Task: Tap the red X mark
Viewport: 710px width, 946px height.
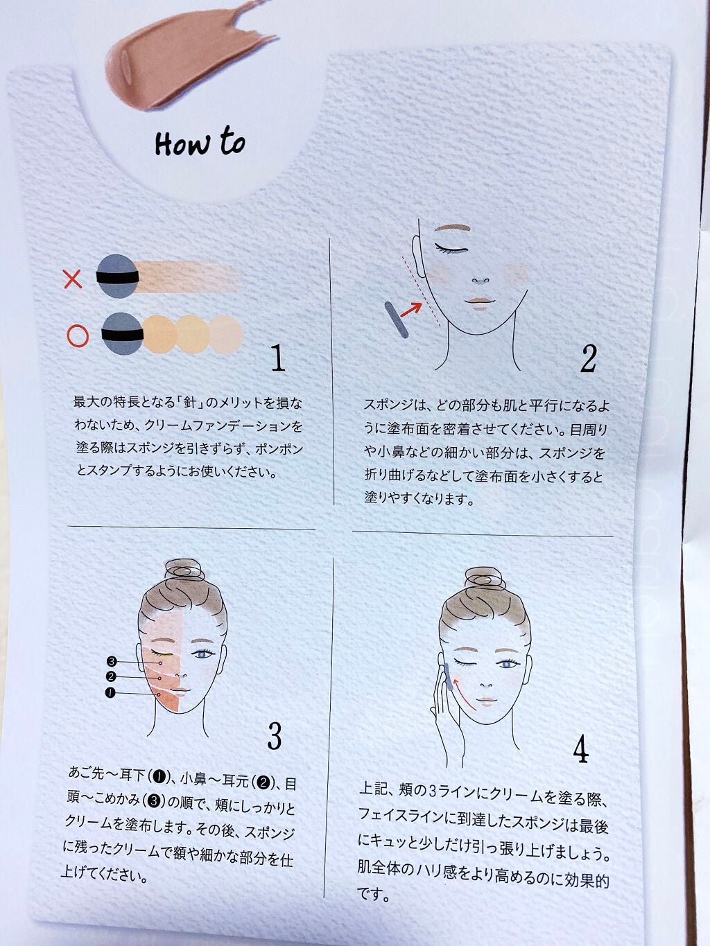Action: (x=72, y=279)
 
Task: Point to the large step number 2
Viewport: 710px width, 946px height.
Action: (x=588, y=360)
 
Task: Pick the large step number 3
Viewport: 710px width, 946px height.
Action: (x=274, y=737)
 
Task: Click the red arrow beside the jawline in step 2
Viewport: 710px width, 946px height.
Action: (x=411, y=310)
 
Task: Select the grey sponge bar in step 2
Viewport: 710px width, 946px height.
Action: (x=396, y=319)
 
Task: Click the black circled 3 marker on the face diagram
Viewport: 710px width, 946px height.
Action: (x=112, y=661)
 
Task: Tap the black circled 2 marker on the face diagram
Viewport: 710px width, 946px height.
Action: (x=110, y=676)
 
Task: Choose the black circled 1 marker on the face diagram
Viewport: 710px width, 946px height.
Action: (x=110, y=693)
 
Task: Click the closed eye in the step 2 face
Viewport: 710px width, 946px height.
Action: (x=451, y=248)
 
